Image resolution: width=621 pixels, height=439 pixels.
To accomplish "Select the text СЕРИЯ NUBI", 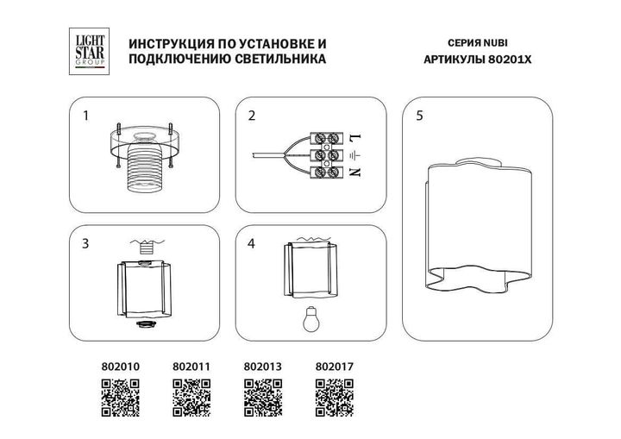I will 476,43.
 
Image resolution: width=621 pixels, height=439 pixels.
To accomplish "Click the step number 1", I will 85,115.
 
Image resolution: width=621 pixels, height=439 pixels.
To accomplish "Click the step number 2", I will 252,115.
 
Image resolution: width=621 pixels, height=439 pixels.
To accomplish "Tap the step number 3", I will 85,244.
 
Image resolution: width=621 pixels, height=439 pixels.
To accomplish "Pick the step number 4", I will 252,244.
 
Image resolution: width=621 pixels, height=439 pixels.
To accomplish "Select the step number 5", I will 419,115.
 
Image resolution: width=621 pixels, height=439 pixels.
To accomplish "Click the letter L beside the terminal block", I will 354,137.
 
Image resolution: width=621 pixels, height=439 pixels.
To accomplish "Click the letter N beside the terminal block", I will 354,173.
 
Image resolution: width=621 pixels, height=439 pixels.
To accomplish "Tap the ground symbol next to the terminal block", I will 354,156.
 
